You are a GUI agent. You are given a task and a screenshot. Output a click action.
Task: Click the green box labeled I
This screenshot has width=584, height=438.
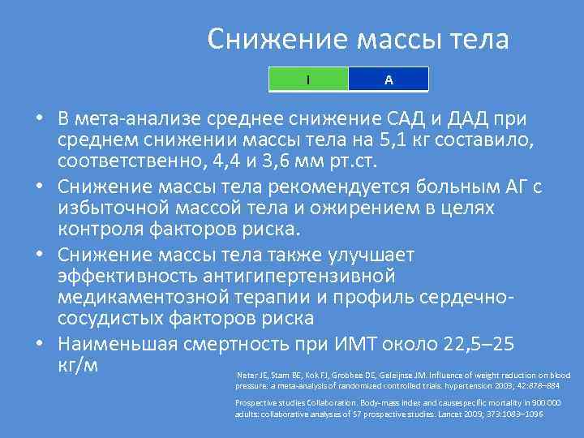point(308,79)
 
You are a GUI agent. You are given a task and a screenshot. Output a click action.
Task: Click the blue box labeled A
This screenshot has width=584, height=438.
point(389,79)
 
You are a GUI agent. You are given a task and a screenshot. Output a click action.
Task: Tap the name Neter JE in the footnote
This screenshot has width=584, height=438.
point(247,376)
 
